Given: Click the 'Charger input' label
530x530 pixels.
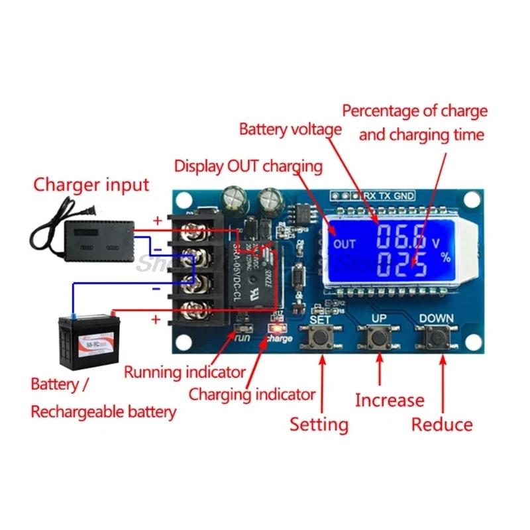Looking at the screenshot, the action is [91, 184].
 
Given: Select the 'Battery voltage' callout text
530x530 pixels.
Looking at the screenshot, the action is [290, 129].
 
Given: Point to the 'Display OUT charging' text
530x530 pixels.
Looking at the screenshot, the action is [248, 166].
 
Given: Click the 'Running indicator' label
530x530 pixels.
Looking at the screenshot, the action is [185, 372].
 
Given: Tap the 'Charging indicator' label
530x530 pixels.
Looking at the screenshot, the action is [252, 395].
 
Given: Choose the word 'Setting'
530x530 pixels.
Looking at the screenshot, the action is [319, 424].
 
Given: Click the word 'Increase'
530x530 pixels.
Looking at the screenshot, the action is [390, 400].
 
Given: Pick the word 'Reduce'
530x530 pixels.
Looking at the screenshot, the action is [442, 424].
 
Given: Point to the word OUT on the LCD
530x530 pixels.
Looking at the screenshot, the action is [344, 244].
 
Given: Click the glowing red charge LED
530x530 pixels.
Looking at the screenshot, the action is [272, 329].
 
